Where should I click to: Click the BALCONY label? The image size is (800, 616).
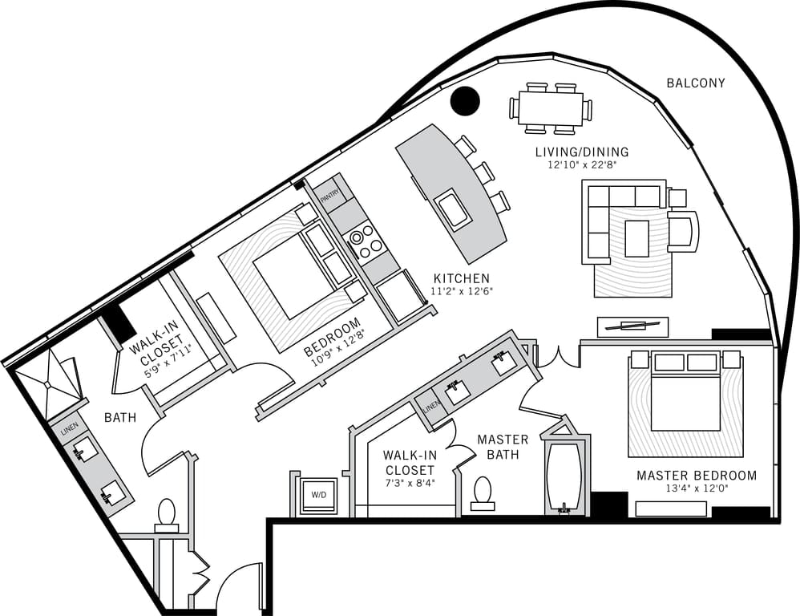[696, 83]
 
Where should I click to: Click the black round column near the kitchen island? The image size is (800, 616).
[465, 100]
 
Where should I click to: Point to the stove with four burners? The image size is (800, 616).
[363, 239]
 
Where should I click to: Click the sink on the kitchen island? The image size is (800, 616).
[453, 208]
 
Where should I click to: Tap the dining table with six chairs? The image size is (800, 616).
[550, 108]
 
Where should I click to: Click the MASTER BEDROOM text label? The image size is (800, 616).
[696, 476]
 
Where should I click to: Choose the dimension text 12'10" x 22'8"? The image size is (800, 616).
[582, 165]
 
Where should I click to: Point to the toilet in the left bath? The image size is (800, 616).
[166, 515]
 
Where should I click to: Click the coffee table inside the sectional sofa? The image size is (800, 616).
[637, 237]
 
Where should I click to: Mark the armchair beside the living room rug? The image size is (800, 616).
[681, 230]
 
